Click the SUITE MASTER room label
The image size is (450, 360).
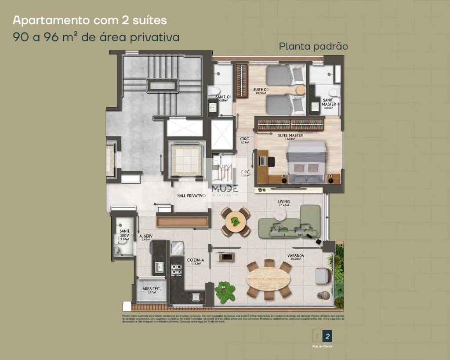(x=290, y=135)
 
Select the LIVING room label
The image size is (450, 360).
(x=283, y=202)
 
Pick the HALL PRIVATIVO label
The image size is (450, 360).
(x=191, y=196)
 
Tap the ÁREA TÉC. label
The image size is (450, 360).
(x=152, y=289)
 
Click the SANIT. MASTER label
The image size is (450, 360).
(x=329, y=102)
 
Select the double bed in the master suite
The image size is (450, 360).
(x=307, y=161)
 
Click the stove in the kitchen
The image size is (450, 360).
(x=177, y=269)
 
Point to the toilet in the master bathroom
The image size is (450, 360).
(x=334, y=92)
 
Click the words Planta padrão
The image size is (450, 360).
(x=313, y=46)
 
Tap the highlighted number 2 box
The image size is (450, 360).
(x=327, y=337)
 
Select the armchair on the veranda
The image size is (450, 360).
(x=323, y=276)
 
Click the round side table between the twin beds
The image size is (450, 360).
(x=301, y=90)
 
